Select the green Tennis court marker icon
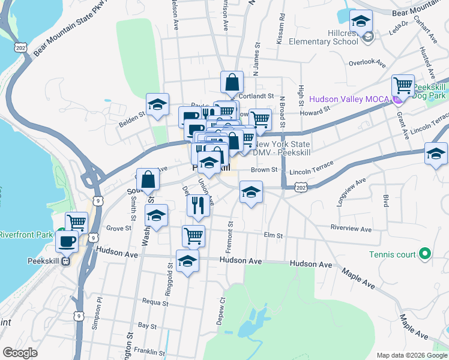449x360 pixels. click(x=425, y=254)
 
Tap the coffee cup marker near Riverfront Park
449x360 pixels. click(x=67, y=241)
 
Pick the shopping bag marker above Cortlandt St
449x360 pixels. click(x=232, y=82)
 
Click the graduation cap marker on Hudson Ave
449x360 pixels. click(x=187, y=261)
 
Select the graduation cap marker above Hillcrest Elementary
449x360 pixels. click(x=361, y=23)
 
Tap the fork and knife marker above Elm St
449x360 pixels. click(x=197, y=205)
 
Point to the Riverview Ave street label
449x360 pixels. click(x=351, y=229)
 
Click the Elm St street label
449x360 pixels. click(x=273, y=236)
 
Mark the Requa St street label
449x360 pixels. click(x=155, y=302)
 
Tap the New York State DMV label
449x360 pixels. click(x=282, y=148)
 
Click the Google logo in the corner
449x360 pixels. click(x=20, y=353)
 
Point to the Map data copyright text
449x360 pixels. click(x=411, y=355)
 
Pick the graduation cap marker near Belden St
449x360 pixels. click(x=157, y=104)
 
